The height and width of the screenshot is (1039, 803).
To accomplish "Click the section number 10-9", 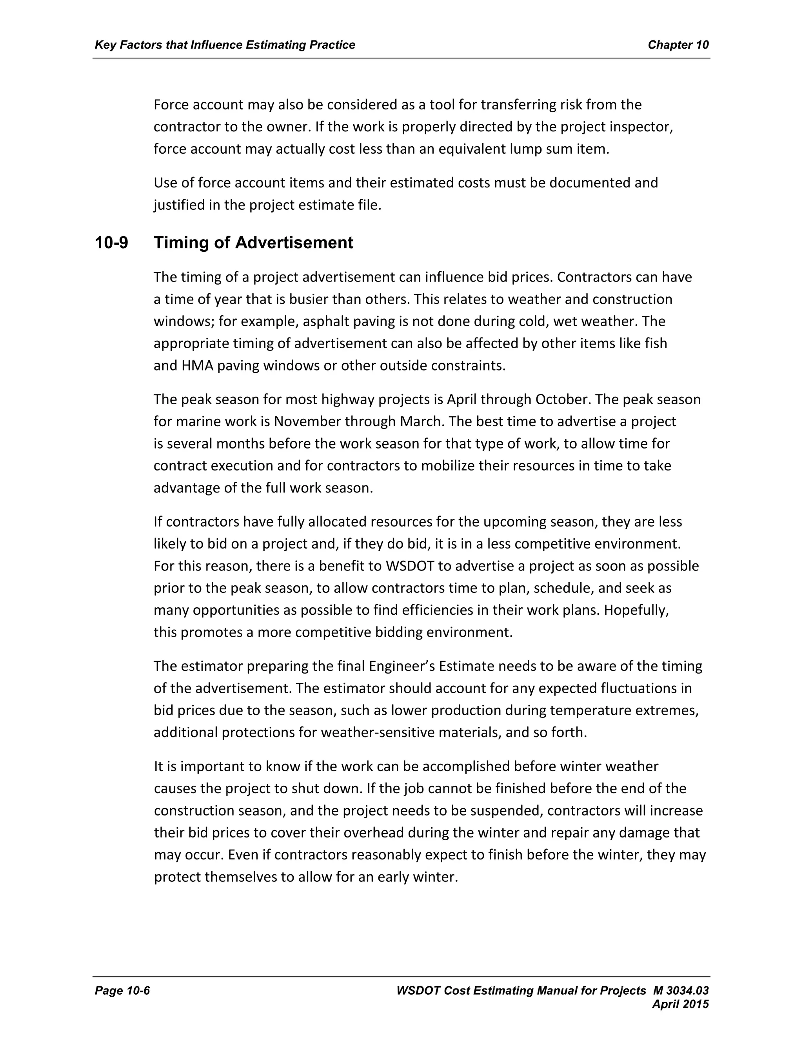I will (111, 243).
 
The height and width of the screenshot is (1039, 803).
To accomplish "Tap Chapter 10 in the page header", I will (678, 45).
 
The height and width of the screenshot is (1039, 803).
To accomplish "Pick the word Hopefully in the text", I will (636, 610).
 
